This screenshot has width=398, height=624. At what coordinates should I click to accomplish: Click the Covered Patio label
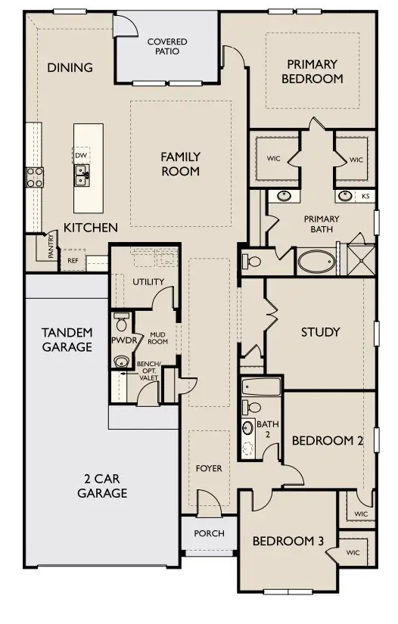[x=167, y=47]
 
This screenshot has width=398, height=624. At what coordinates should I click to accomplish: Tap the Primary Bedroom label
[x=312, y=72]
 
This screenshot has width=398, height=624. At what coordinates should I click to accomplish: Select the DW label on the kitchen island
[x=81, y=156]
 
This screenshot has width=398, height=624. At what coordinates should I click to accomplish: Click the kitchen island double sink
[x=81, y=175]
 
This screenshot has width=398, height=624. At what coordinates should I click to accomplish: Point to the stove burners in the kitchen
[x=35, y=177]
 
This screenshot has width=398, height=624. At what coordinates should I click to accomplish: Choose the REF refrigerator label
[x=73, y=260]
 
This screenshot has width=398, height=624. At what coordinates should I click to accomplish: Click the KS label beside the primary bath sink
[x=365, y=196]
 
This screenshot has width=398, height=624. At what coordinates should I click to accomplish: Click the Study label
[x=320, y=332]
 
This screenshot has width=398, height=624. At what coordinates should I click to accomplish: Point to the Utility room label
[x=148, y=281]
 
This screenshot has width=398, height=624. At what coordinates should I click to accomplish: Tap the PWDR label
[x=122, y=341]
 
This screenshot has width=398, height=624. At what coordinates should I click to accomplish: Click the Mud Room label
[x=157, y=337]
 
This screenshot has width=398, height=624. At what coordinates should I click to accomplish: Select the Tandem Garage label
[x=67, y=340]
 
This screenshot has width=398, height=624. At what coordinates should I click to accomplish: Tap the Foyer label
[x=209, y=468]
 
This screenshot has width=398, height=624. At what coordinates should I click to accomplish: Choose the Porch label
[x=209, y=533]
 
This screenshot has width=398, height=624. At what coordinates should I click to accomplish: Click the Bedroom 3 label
[x=288, y=542]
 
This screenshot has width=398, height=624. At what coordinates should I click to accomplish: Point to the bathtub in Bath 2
[x=262, y=387]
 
